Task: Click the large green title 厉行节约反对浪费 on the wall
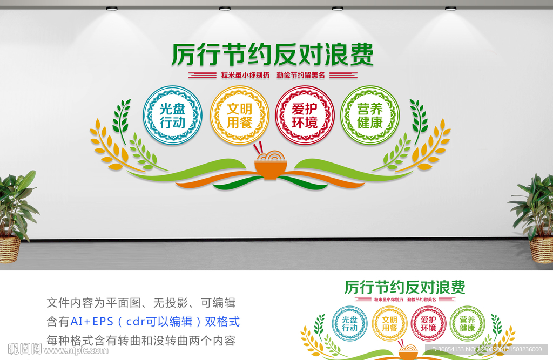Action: pos(272,55)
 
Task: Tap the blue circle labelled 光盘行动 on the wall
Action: pos(172,115)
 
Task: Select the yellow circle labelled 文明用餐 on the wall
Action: pos(239,115)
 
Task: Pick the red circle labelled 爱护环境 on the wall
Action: pos(305,115)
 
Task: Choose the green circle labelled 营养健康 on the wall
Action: pos(370,115)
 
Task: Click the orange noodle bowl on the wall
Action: pos(271,164)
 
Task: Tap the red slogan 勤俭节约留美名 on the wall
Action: pos(300,75)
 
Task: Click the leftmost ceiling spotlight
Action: pos(112,9)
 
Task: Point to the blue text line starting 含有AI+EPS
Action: pos(143,322)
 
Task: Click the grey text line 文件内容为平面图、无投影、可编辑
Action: pos(141,303)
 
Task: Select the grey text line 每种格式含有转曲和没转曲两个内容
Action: pos(141,341)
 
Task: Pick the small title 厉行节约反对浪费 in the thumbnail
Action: pos(404,287)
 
